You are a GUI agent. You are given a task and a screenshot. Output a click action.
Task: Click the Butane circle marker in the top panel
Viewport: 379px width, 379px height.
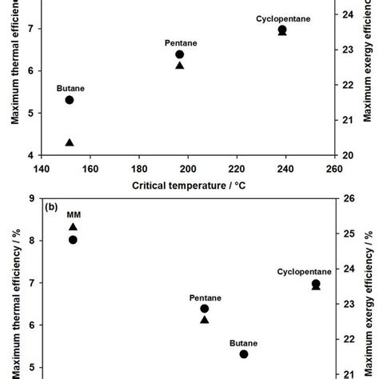pyautogui.click(x=70, y=100)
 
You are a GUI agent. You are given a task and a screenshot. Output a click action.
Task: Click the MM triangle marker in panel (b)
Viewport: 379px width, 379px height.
pyautogui.click(x=73, y=227)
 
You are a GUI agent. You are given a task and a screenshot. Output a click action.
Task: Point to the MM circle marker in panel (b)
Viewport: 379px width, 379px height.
pyautogui.click(x=73, y=239)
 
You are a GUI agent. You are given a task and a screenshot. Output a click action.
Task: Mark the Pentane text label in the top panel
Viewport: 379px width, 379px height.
pyautogui.click(x=179, y=42)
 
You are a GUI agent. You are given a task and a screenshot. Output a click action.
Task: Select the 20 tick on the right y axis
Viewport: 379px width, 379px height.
pyautogui.click(x=349, y=155)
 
